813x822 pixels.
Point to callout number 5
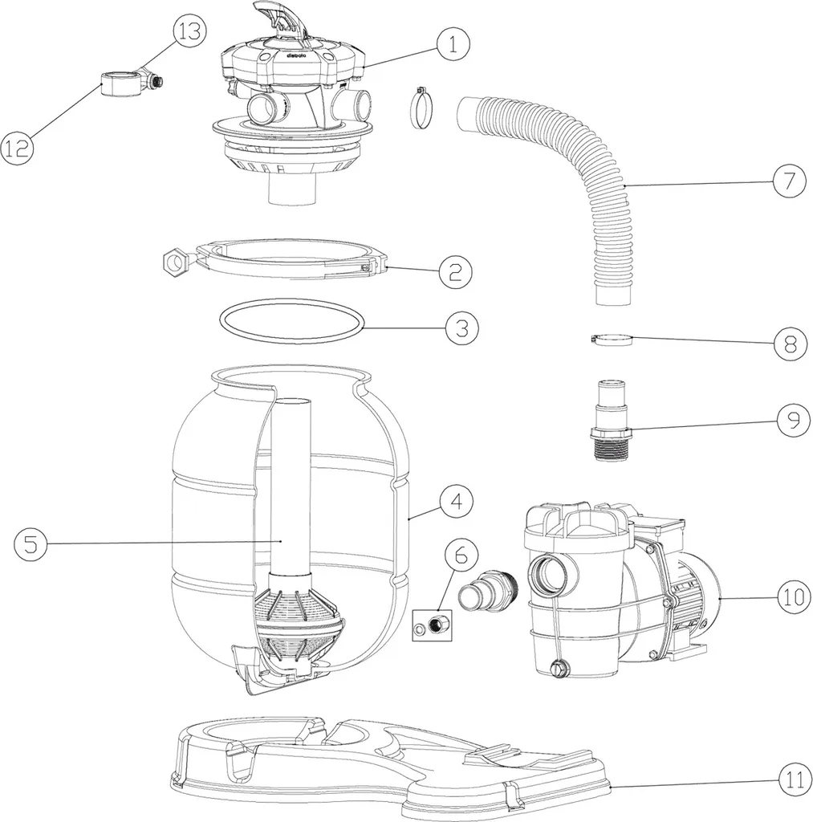[x=30, y=543]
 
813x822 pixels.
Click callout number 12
[x=18, y=148]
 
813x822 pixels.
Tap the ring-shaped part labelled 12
[x=119, y=83]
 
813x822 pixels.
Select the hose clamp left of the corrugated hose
[x=419, y=110]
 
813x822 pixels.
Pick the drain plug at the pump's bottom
[x=559, y=667]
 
